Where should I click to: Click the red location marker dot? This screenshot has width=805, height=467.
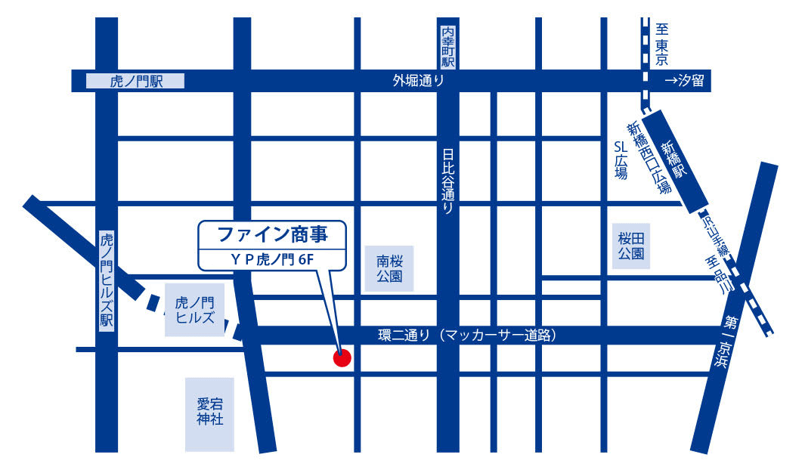[x=342, y=357]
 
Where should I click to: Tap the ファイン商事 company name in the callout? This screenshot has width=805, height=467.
[x=273, y=234]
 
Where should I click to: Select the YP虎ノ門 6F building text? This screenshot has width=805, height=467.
[x=273, y=259]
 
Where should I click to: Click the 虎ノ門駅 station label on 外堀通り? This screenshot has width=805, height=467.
[x=137, y=81]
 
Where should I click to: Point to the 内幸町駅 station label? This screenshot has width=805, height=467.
[x=449, y=47]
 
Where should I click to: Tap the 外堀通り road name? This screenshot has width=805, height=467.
[x=418, y=81]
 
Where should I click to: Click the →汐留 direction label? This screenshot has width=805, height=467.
[x=683, y=81]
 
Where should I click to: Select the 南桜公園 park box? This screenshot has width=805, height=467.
[x=389, y=268]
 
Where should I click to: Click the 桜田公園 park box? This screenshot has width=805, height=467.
[x=632, y=246]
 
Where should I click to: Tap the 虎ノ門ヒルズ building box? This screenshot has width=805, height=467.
[x=195, y=311]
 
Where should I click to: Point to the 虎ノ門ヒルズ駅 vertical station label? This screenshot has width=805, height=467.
[x=107, y=280]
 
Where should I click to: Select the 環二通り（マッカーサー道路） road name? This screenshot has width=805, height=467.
[x=467, y=335]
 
